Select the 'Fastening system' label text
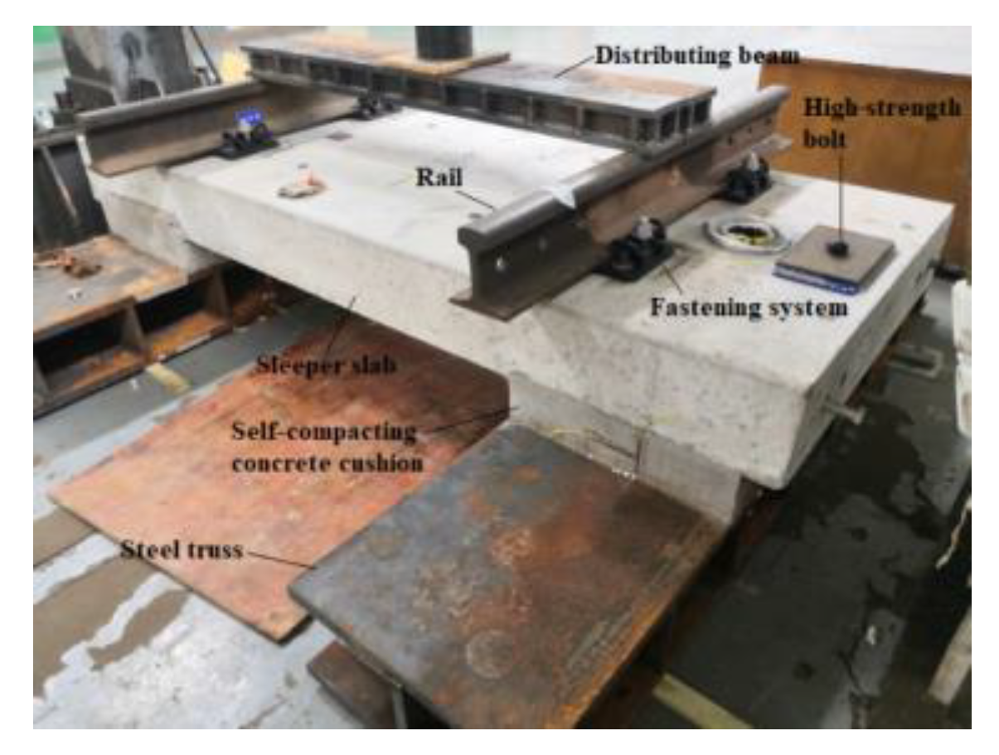point(749,308)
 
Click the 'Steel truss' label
point(182,549)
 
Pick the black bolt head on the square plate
point(839,249)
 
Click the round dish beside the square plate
point(746,235)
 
